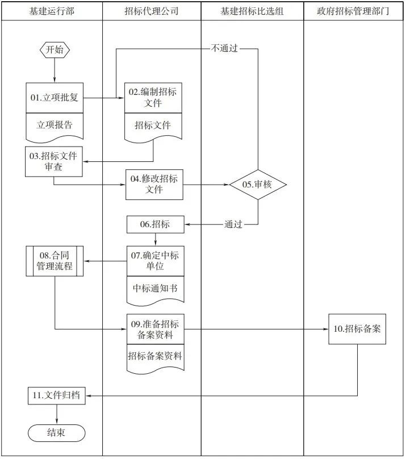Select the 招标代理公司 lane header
[x=152, y=11]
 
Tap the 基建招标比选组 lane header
[x=252, y=11]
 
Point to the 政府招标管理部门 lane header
[x=354, y=11]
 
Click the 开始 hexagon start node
[x=55, y=50]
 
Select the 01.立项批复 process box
[x=55, y=98]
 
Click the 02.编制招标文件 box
[x=154, y=98]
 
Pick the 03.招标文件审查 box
[x=55, y=162]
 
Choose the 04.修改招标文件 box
[x=154, y=185]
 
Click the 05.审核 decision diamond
[x=258, y=185]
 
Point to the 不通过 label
[x=224, y=49]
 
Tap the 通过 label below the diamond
[x=233, y=224]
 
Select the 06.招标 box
[x=155, y=224]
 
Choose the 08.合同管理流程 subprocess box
[x=55, y=261]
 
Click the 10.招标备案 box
[x=357, y=329]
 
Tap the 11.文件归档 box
[x=57, y=395]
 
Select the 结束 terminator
[x=56, y=433]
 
